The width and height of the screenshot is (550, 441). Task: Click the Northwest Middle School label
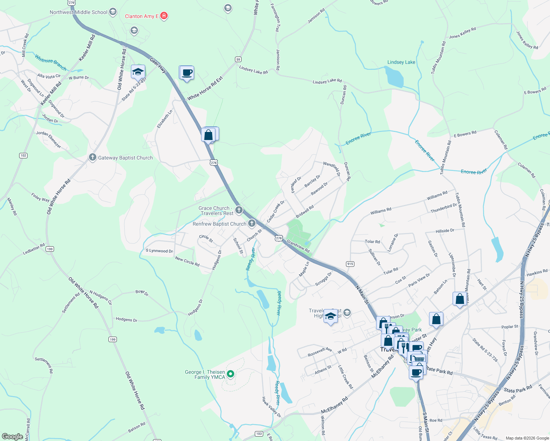tap(78, 12)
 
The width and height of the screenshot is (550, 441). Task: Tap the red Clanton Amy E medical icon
tap(164, 16)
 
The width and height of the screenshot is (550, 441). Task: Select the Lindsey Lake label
tap(401, 62)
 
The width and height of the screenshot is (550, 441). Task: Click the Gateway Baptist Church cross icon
tap(93, 158)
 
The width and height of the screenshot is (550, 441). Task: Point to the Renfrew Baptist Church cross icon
tap(252, 223)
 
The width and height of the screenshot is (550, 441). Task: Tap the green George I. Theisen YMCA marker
tap(231, 374)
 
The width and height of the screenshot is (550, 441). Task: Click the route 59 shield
tap(238, 59)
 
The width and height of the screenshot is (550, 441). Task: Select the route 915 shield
tap(350, 264)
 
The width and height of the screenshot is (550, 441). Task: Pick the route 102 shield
tap(23, 155)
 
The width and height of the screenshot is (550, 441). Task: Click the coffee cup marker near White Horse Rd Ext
tap(187, 72)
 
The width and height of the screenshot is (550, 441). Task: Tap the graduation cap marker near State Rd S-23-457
tap(138, 72)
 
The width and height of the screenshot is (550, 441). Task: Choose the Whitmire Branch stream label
tap(51, 62)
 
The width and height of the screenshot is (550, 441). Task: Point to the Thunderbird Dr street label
tap(443, 208)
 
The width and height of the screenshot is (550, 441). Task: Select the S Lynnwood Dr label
tap(159, 251)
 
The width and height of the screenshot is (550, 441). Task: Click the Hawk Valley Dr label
tap(271, 407)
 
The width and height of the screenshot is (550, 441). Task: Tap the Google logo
tap(12, 436)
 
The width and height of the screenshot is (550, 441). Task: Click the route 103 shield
tap(259, 434)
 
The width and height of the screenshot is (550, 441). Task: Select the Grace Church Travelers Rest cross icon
tap(239, 210)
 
